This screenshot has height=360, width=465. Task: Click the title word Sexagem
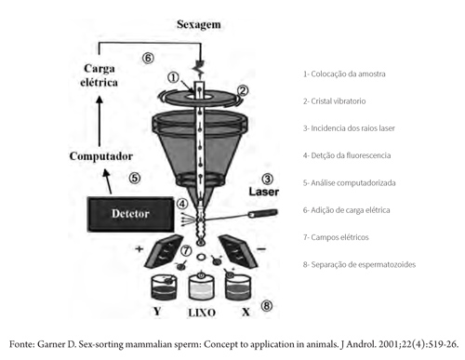coord(199,25)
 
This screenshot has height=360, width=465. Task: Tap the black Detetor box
coord(130,214)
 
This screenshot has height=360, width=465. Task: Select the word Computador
coord(101,156)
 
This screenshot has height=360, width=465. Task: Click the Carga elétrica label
coord(99,75)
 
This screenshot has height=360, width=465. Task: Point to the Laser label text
coord(264,192)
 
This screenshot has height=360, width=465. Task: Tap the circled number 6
coord(148,58)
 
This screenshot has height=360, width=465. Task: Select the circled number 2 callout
coord(243,90)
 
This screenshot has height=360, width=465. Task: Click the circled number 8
coord(267,306)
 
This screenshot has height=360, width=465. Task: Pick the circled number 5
coord(135,178)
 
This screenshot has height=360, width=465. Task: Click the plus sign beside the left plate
coord(139,248)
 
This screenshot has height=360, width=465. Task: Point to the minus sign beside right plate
coord(261,248)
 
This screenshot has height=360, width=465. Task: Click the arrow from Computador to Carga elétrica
coord(100,121)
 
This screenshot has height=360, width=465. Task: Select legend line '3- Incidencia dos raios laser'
coord(349,128)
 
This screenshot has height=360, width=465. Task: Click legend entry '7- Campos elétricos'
coord(336,237)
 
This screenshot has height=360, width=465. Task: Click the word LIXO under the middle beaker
coord(202,313)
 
